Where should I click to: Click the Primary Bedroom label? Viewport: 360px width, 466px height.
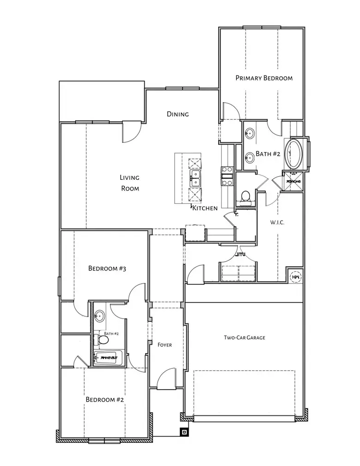tap(264, 78)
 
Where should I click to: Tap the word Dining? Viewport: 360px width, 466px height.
tap(178, 114)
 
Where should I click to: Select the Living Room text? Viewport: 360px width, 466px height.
tap(130, 183)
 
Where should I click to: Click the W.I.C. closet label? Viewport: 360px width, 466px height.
tap(277, 222)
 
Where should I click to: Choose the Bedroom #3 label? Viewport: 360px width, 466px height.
tap(107, 268)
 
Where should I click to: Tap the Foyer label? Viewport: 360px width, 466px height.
tap(165, 345)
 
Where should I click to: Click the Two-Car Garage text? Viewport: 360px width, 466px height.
tap(244, 338)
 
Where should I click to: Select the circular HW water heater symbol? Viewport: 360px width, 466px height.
tap(295, 277)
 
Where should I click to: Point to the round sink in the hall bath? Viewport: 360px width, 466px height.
tap(99, 317)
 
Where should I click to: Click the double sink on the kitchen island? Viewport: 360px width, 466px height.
tap(195, 177)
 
